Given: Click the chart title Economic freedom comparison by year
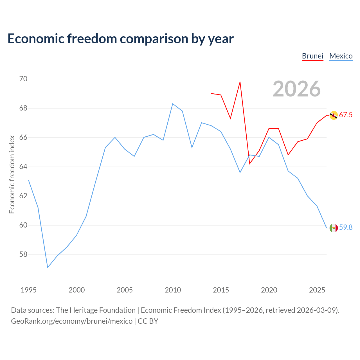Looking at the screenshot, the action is click(120, 39).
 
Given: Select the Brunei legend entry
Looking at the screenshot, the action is click(312, 56).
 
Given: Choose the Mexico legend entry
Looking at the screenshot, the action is click(341, 56).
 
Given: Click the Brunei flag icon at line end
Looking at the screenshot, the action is click(334, 115).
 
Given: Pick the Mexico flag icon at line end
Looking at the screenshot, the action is click(334, 228).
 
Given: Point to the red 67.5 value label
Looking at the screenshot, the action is click(346, 115).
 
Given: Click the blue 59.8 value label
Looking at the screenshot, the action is click(346, 227).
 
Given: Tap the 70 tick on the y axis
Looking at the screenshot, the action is click(23, 79).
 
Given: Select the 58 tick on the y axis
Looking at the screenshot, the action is click(23, 254).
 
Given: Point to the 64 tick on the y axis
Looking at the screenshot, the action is click(23, 166).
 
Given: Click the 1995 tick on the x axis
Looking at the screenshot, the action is click(29, 290).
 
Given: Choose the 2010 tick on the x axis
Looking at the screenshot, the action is click(173, 290).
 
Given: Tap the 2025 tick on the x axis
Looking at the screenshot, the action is click(317, 290).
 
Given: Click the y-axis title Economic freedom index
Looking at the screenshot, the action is click(12, 174).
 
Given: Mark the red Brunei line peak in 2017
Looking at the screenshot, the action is click(240, 82).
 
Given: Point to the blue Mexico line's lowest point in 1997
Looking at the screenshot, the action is click(48, 267).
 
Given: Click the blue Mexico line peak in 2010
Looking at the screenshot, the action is click(173, 104).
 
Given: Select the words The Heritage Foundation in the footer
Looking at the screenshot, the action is click(96, 310).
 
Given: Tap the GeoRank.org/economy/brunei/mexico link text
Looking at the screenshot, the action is click(72, 321).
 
